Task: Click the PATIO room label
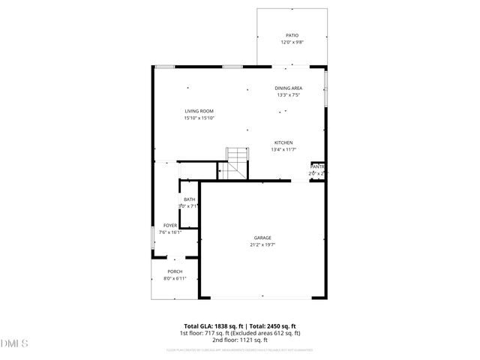click(x=292, y=35)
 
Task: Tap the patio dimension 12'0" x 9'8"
click(x=292, y=42)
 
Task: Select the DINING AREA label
click(x=289, y=88)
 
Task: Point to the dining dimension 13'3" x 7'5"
click(x=289, y=95)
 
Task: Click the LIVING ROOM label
click(x=199, y=111)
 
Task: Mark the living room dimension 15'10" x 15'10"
click(x=199, y=118)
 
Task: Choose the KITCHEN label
click(x=283, y=142)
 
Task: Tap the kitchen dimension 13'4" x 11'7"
click(x=283, y=149)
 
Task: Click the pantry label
click(x=318, y=166)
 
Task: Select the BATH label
click(x=189, y=199)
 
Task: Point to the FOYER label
click(x=170, y=225)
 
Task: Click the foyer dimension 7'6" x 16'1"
click(x=170, y=232)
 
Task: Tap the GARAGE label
click(x=262, y=238)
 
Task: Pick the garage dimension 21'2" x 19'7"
click(x=262, y=244)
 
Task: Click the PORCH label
click(x=175, y=271)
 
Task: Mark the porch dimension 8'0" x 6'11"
click(x=175, y=278)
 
